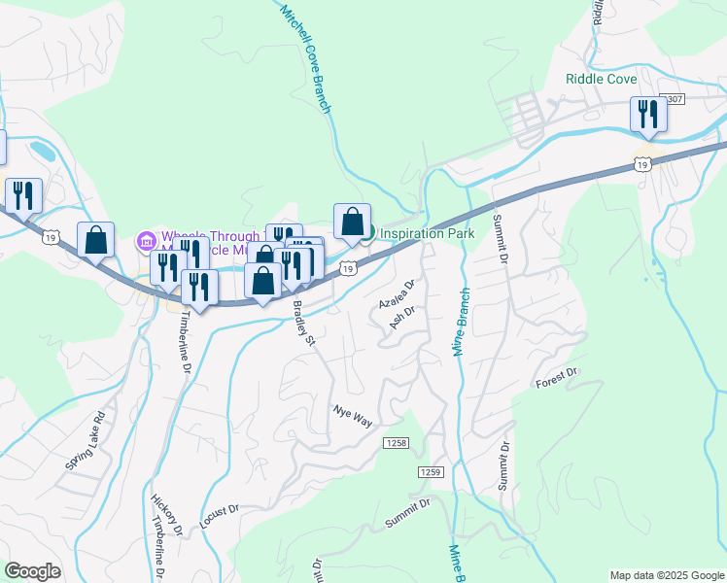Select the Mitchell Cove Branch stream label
tap(307, 57)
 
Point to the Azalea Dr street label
tap(398, 296)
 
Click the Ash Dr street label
tap(402, 318)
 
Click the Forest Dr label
tap(557, 379)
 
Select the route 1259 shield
tap(431, 471)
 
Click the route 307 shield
tap(672, 100)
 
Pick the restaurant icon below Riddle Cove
tap(646, 115)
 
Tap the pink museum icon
tap(147, 239)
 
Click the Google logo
tap(32, 571)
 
